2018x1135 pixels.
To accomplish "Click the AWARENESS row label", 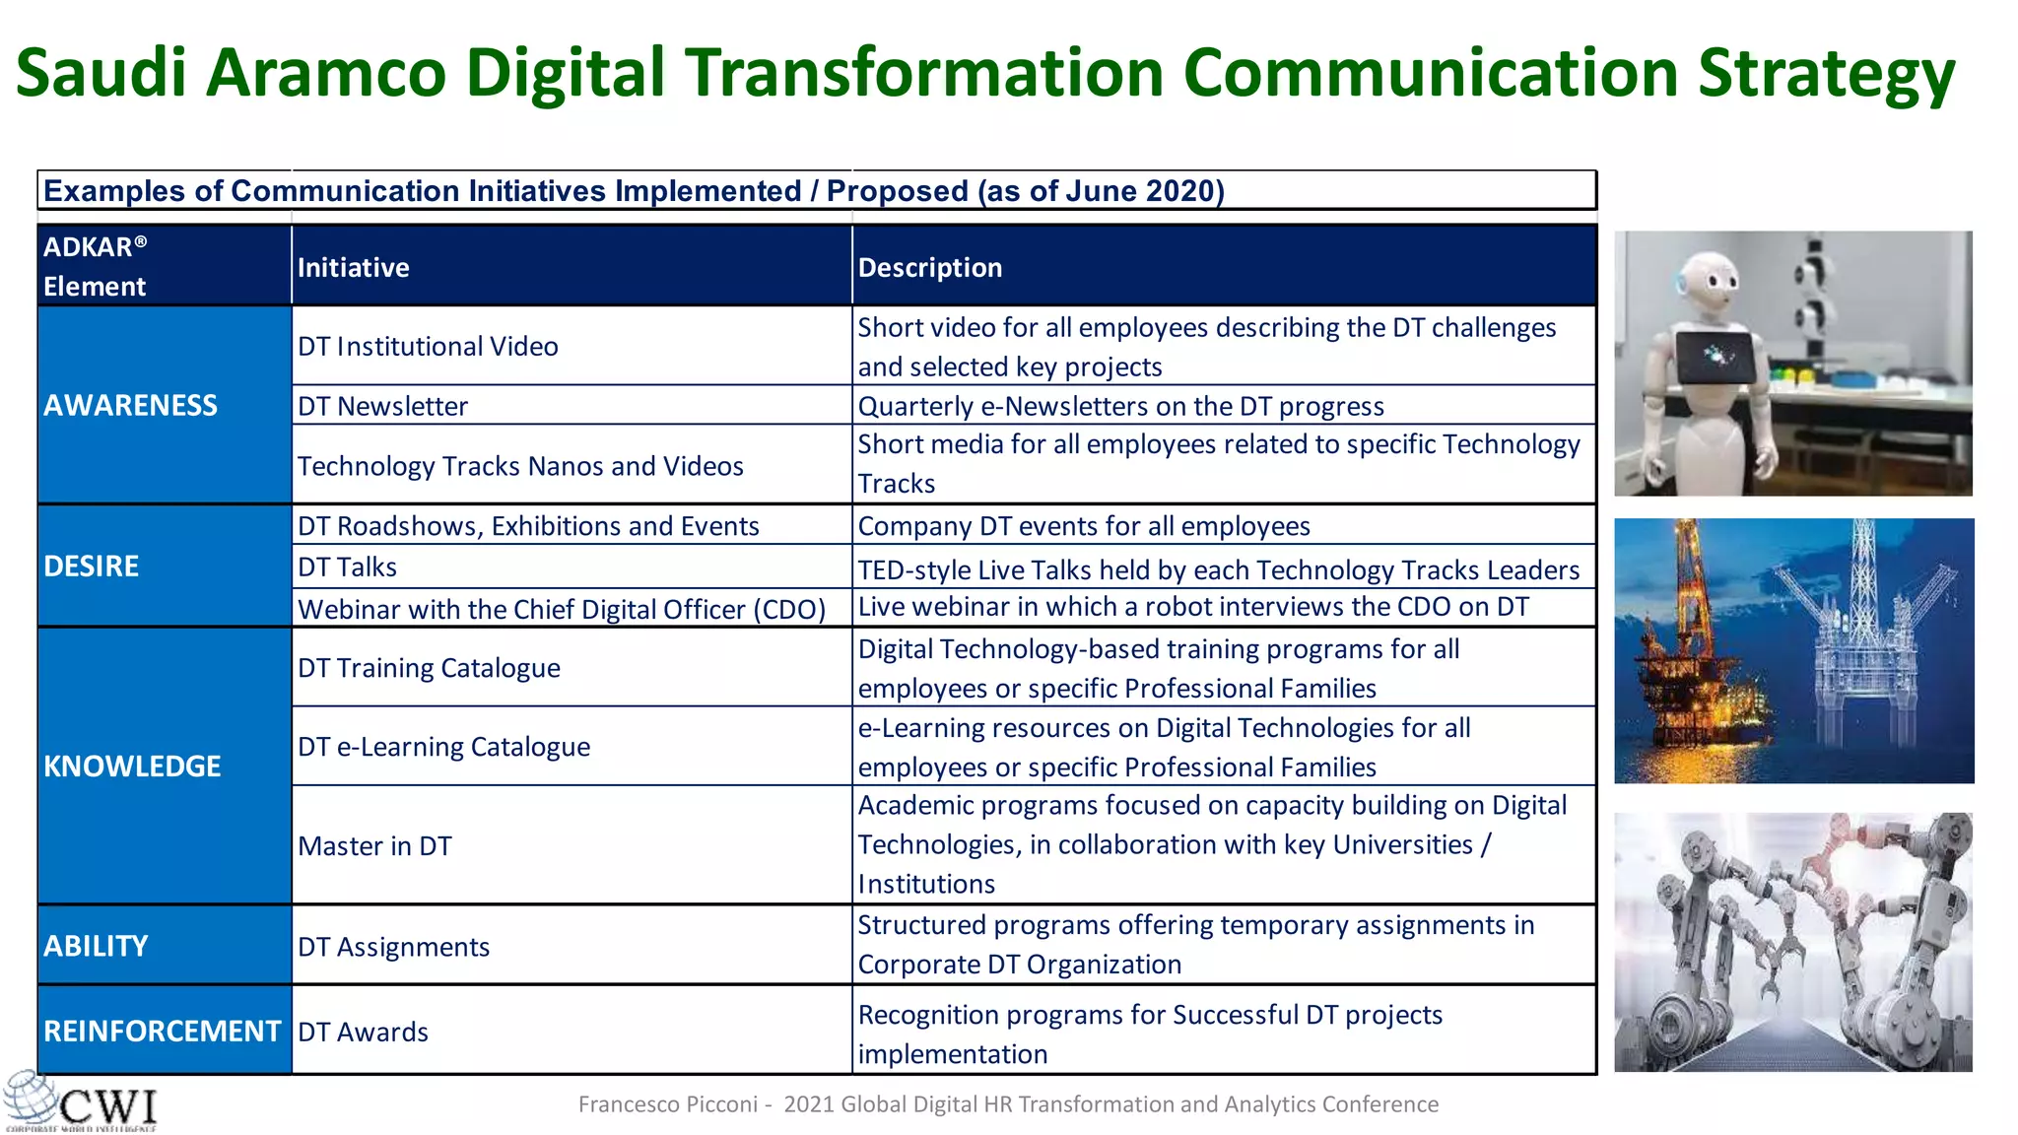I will pos(130,405).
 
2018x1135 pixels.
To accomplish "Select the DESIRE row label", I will pos(92,566).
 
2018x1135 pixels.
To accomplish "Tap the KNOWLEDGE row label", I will pos(132,766).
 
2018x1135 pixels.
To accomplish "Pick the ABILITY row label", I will pos(96,946).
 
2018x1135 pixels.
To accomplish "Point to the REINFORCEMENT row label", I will pos(162,1031).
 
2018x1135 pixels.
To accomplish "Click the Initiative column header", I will pos(354,267).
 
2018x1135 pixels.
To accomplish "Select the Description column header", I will pos(930,267).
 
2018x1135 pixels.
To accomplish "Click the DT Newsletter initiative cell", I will pos(383,406).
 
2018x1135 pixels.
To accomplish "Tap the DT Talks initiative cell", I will pos(348,567).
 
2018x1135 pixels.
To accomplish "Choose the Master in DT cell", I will pos(375,845).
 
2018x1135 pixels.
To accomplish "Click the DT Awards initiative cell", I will pos(364,1032).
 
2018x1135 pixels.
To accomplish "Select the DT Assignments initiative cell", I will pos(394,947).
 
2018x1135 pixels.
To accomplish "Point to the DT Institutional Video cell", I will pos(429,346).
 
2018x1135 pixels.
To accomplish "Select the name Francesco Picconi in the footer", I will pos(667,1104).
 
